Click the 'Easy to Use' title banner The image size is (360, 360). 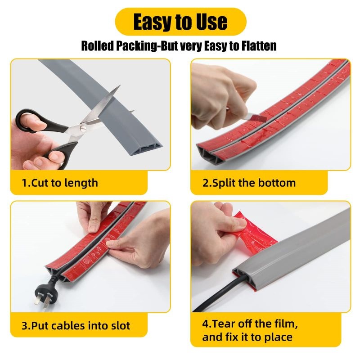[x=180, y=22]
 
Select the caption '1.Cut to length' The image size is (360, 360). [x=60, y=183]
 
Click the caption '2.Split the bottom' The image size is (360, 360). [x=249, y=183]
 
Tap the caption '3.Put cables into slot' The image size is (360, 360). [x=76, y=325]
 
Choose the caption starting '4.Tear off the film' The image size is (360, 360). [x=250, y=330]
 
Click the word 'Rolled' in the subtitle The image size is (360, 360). [x=98, y=46]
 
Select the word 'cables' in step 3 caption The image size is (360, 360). [x=68, y=325]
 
